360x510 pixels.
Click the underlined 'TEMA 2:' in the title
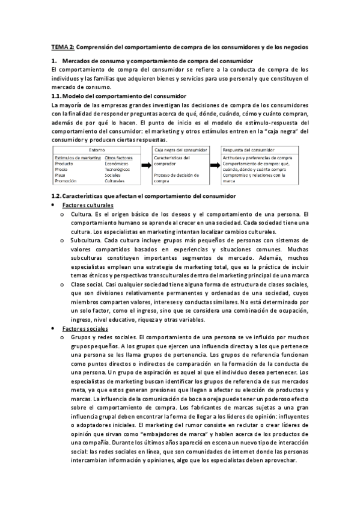tap(63, 46)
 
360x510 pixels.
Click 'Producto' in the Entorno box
tap(64, 164)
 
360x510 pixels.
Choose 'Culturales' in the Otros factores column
tap(116, 180)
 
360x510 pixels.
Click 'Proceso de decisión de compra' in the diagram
tap(177, 177)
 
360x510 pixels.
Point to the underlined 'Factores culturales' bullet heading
tap(88, 205)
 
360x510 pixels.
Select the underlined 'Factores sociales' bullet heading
tap(85, 330)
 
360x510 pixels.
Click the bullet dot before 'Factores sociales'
tap(55, 330)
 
